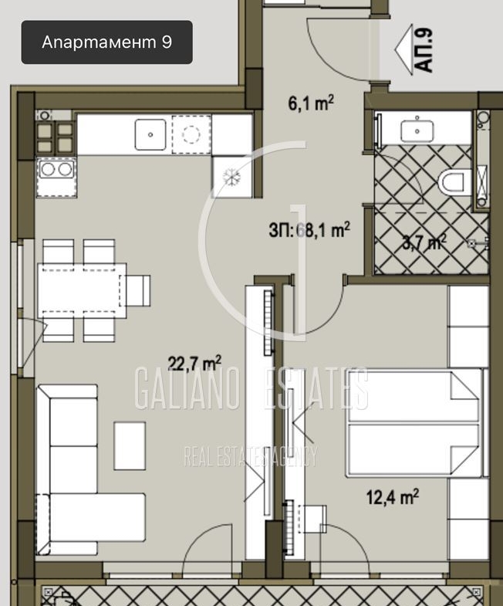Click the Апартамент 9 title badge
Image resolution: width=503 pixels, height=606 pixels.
point(106,42)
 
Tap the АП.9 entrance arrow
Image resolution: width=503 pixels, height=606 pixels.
point(404,50)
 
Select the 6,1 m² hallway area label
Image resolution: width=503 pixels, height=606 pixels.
point(311,103)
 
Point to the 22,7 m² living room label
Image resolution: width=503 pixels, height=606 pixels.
point(194,363)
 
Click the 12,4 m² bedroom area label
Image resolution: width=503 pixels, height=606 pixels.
point(393,496)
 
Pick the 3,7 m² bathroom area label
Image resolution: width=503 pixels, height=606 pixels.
point(424,242)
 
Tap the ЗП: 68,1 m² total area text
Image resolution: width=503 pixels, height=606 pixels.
point(309,230)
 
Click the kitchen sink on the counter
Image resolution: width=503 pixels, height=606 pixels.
point(150,134)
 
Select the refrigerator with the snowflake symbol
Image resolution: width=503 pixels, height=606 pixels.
point(231,177)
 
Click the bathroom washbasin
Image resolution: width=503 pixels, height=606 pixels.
point(417,131)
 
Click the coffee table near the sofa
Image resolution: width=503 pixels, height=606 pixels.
point(130,445)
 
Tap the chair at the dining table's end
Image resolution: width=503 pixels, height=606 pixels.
point(135,290)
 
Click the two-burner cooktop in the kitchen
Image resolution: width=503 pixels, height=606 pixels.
point(56,178)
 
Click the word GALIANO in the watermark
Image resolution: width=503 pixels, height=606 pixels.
point(186,388)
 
